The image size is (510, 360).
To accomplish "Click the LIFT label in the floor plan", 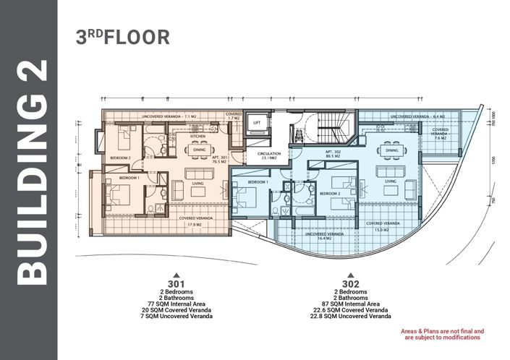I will click(255, 124).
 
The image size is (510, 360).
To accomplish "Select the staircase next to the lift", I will click(334, 129).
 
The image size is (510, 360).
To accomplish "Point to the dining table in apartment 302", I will click(394, 148).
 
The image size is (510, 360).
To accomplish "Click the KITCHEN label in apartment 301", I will click(200, 136).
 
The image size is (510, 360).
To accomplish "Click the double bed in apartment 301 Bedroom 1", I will click(121, 196).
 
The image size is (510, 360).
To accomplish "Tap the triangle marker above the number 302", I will click(350, 275).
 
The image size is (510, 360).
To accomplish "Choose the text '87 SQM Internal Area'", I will click(350, 304).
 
